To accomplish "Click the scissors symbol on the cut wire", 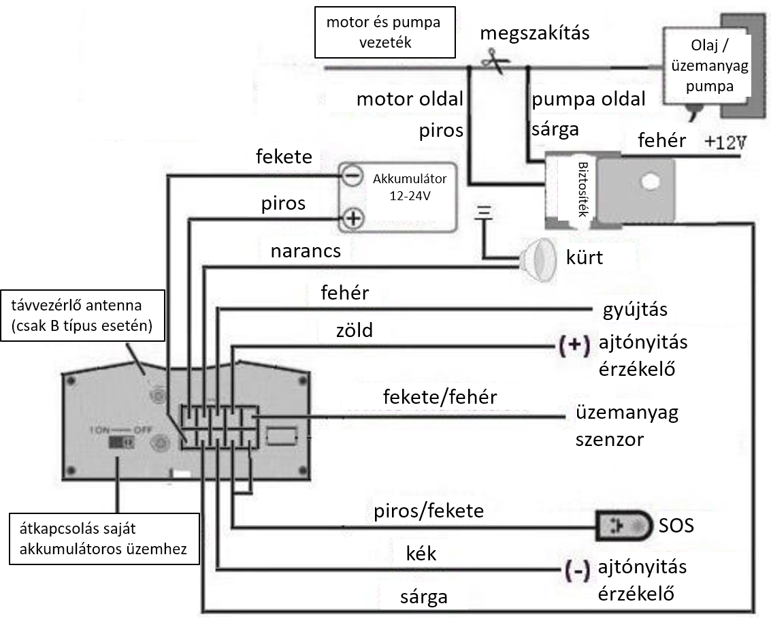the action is coord(495,61).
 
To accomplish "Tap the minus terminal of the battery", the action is coord(352,176).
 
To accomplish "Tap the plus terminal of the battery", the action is coord(353,217).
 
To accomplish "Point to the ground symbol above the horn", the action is coord(484,212).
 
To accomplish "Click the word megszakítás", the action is coord(534,33).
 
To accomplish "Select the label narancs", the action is coord(306,251).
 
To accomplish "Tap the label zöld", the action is coord(354,330).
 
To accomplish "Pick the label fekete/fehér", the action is coord(440,397).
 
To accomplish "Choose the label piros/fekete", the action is coord(429,511).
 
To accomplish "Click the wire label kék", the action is coord(421,554).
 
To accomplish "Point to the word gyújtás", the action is coord(635,310).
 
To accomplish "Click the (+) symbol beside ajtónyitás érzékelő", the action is coord(574,345).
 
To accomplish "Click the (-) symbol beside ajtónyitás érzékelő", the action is coord(577,571).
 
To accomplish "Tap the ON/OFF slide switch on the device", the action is coord(121,441).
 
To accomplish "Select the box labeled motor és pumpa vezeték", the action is coord(385,32).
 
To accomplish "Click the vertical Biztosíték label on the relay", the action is coord(583,189).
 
